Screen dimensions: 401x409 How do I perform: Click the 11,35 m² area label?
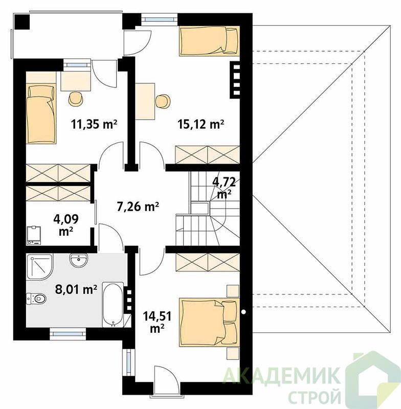coord(94,124)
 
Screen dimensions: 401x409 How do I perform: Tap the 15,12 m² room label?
coord(201,124)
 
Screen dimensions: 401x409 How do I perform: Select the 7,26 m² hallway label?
coord(138,207)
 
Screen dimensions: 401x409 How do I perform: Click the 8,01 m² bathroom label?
coord(76,289)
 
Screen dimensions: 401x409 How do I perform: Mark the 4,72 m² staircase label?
coord(225,188)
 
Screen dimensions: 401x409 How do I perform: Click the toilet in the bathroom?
coord(36,298)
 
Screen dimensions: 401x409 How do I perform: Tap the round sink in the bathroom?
coord(79,260)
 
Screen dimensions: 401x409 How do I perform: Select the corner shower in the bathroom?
coord(39,266)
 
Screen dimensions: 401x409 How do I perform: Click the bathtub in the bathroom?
coord(113,304)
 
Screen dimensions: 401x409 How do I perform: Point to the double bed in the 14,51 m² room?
coord(209,323)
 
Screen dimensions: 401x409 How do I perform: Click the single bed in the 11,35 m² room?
coord(41,113)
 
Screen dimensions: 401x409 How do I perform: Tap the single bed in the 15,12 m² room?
coord(209,41)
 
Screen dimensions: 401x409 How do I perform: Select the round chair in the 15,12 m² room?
coord(163,101)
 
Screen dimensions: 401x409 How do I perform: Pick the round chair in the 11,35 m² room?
coord(76,99)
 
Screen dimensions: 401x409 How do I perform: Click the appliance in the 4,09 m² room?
coord(34,236)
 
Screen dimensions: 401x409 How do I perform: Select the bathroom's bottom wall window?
coord(68,333)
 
